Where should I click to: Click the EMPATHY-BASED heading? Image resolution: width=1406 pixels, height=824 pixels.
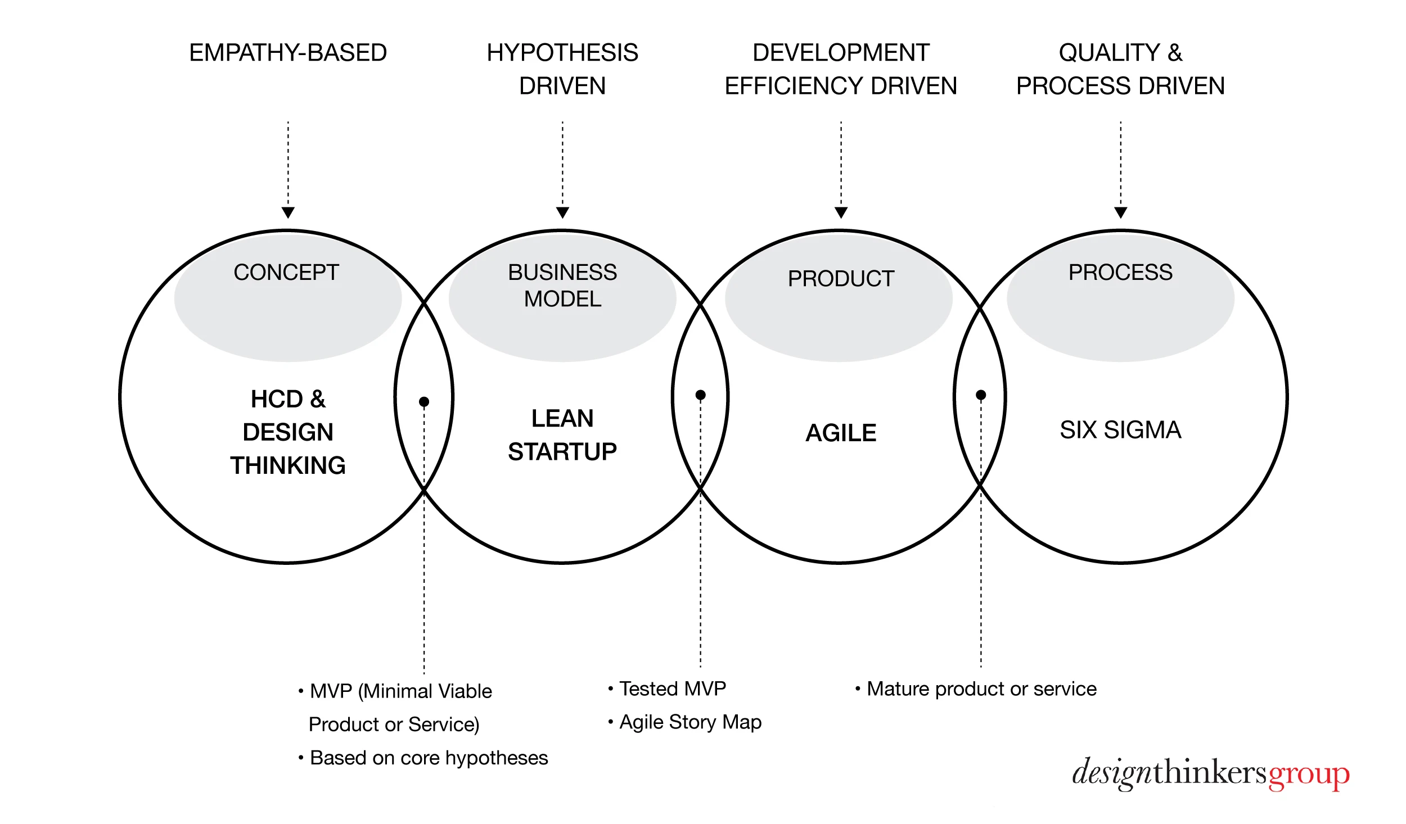(x=288, y=53)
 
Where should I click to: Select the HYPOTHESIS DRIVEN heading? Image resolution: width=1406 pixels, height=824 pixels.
(x=562, y=69)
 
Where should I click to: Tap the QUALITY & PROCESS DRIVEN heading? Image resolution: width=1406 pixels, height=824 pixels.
(x=1120, y=69)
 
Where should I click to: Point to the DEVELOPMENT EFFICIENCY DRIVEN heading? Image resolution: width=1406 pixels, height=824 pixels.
(x=841, y=69)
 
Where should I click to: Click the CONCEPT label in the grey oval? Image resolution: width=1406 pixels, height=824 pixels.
(x=286, y=273)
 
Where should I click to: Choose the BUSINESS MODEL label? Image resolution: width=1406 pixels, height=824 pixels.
(x=562, y=286)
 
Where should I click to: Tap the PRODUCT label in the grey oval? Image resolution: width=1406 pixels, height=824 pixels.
(x=841, y=279)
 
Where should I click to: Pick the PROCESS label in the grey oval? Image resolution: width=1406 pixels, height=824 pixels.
(x=1120, y=273)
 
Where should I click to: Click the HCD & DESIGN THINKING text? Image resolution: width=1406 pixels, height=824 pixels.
(x=288, y=432)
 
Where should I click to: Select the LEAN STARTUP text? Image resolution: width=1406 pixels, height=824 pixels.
(x=562, y=435)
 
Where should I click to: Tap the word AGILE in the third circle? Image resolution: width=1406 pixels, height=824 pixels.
(x=841, y=433)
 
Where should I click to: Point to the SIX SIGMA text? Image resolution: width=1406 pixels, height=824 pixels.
(x=1120, y=430)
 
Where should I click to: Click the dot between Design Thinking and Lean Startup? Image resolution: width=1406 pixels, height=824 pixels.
(x=424, y=401)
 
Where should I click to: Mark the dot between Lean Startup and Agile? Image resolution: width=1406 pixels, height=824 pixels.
(x=700, y=395)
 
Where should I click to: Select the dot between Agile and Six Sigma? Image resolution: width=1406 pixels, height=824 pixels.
(x=981, y=395)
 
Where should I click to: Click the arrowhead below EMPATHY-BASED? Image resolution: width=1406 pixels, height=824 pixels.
(x=288, y=212)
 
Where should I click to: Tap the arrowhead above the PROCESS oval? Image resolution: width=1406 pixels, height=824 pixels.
(x=1120, y=212)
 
